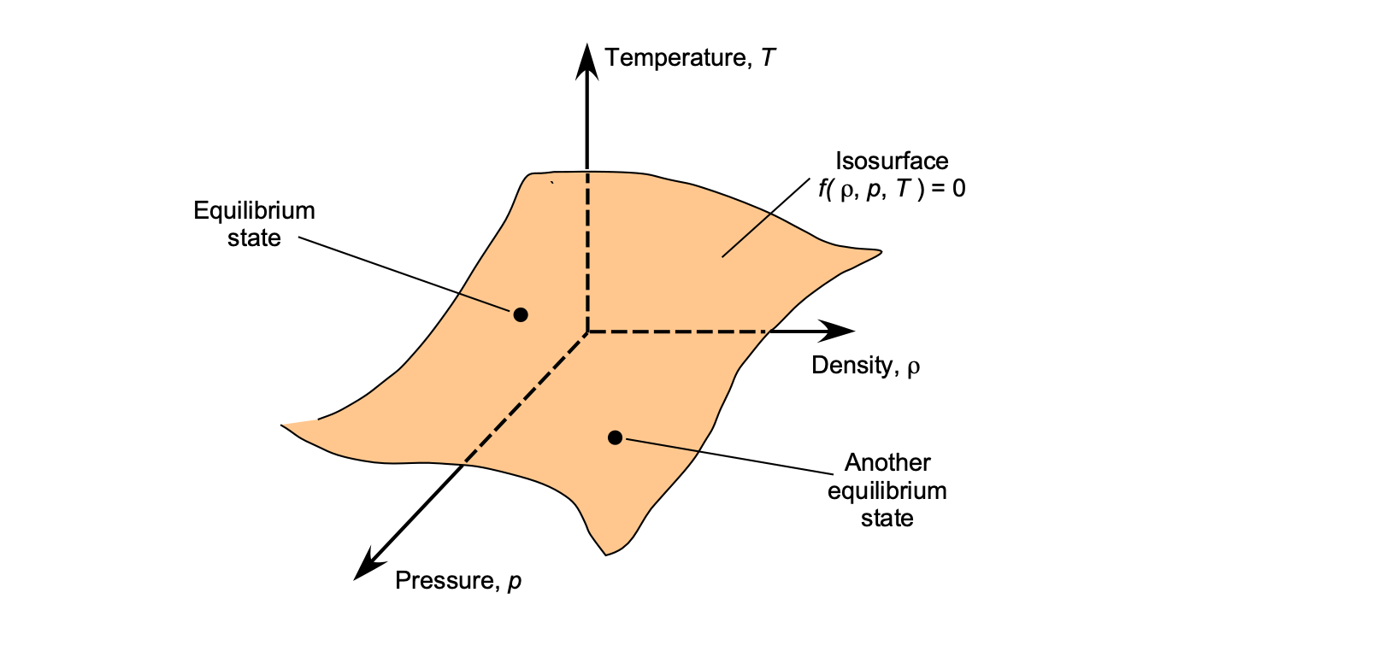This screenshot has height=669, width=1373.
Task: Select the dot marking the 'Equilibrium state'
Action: coord(521,314)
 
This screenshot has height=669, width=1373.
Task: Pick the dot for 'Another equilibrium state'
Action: coord(615,437)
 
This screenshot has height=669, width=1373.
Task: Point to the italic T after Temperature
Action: coord(768,58)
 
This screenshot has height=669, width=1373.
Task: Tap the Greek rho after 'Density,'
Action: coord(913,367)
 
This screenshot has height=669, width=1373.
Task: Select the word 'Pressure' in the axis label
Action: coord(444,581)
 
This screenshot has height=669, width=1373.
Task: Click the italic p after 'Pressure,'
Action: coord(514,583)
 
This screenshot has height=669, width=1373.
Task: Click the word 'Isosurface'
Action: coord(892,161)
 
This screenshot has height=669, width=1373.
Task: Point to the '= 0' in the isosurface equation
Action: coord(948,189)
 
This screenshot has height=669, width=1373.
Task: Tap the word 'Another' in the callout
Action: coord(887,462)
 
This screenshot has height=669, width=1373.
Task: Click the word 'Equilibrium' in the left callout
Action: coord(254,210)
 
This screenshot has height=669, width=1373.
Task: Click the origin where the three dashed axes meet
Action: coord(587,331)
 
